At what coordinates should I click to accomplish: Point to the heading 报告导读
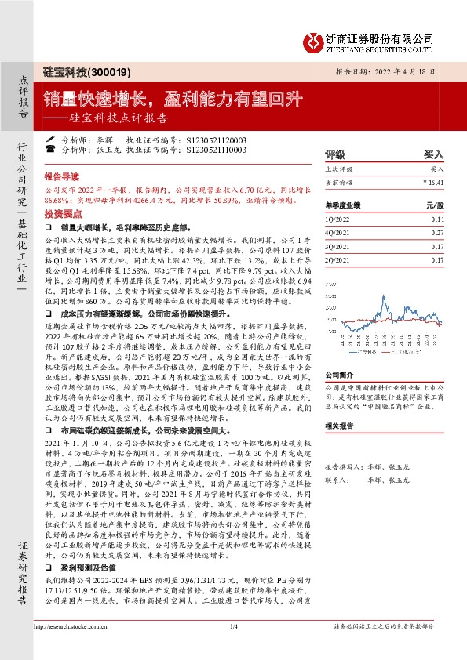pyautogui.click(x=60, y=177)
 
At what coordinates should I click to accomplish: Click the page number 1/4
pyautogui.click(x=233, y=647)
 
